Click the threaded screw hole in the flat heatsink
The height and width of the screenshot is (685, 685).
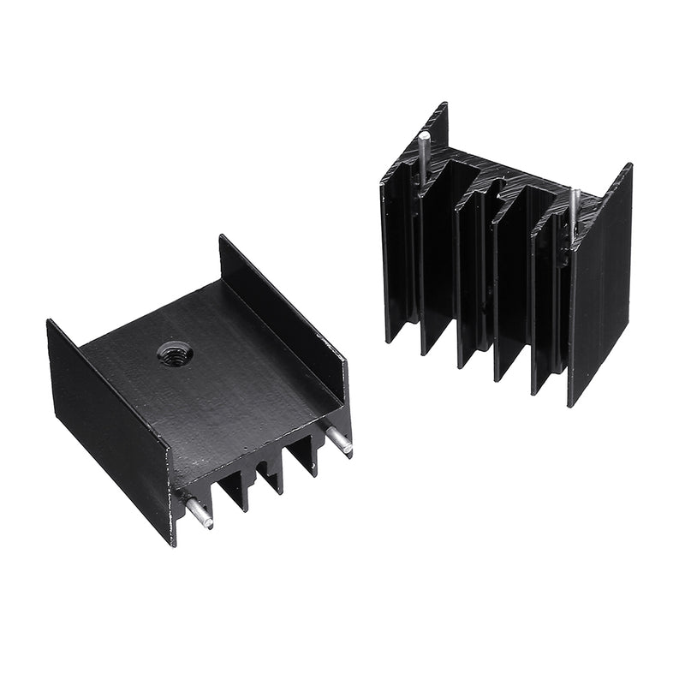coord(168,351)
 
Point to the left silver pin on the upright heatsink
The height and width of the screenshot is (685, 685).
coord(423,158)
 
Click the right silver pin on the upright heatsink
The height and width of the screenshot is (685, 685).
coord(575,210)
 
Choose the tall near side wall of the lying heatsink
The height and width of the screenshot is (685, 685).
coord(107,428)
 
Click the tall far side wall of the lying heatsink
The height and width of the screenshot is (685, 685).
coord(283,300)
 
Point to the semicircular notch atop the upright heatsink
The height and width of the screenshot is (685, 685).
coord(486,182)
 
